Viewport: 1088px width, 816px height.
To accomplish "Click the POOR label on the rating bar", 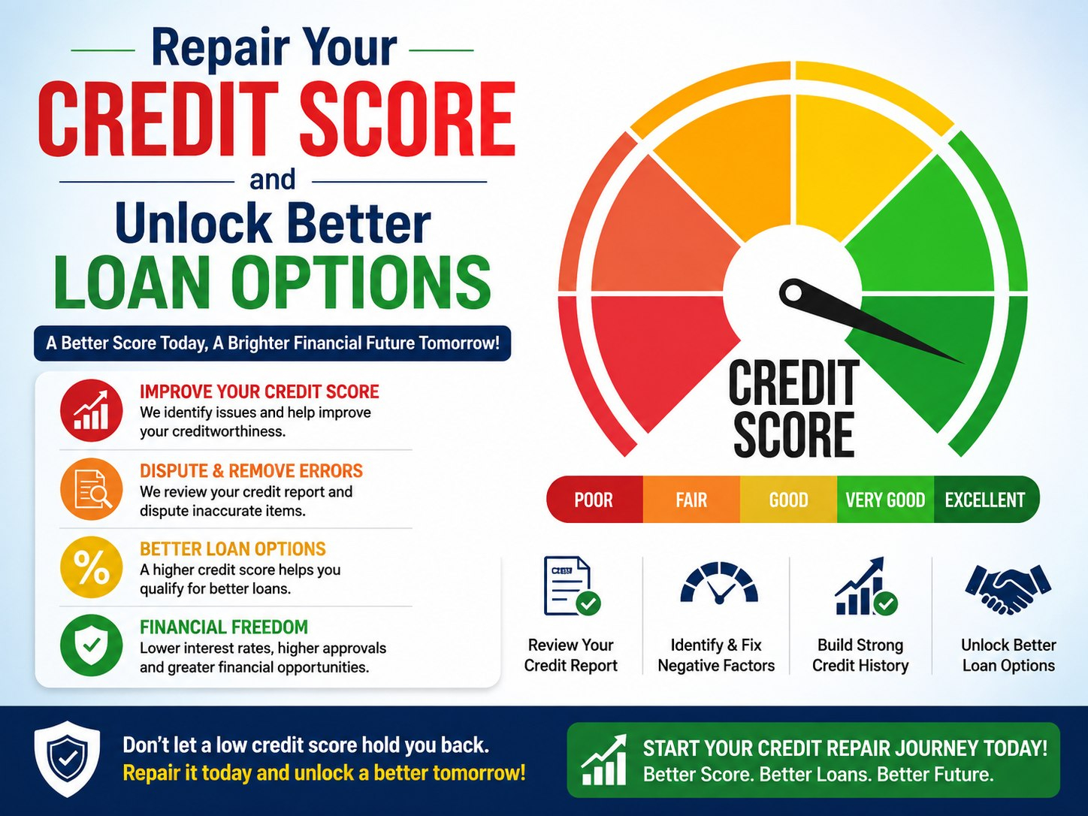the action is tap(594, 500).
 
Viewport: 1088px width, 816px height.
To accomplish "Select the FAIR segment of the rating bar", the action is tap(691, 500).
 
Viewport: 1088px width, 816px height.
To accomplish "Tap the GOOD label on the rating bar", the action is tap(789, 500).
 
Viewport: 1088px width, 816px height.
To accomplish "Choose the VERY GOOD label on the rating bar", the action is tap(885, 500).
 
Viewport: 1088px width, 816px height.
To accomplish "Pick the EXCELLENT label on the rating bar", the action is tap(985, 500).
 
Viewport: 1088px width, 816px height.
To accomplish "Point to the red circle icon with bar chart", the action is tap(92, 411).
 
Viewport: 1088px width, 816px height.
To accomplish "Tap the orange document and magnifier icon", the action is tap(92, 489).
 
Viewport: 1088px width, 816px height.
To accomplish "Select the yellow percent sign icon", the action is tap(92, 567).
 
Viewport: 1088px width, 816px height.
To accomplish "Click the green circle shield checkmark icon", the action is tap(92, 645).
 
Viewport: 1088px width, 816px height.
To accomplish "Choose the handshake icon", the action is tap(1008, 588).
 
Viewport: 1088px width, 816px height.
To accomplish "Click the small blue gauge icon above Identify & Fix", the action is tap(719, 583).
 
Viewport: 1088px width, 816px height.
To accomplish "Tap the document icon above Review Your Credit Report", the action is tap(572, 586).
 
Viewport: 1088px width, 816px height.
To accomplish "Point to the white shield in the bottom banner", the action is tap(67, 758).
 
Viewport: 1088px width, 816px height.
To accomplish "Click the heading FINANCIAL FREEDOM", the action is tap(224, 627).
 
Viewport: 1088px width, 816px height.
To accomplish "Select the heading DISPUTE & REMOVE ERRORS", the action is tap(251, 470).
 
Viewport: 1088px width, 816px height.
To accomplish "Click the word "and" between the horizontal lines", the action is tap(273, 180).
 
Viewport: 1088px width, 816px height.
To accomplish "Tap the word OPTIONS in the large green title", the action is tap(361, 282).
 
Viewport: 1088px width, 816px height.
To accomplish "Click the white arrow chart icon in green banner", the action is tap(603, 760).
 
